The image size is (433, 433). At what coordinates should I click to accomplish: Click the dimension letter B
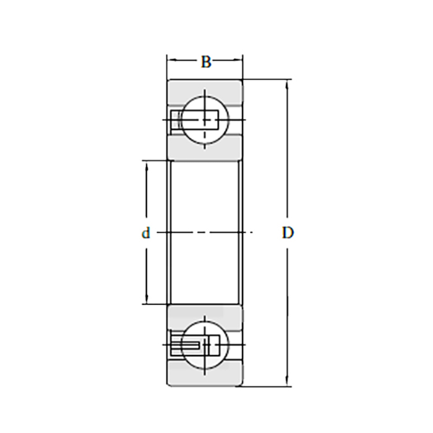pyautogui.click(x=206, y=62)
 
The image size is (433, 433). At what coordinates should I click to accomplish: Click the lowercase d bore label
pyautogui.click(x=146, y=233)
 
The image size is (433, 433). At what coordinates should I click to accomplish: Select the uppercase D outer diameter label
pyautogui.click(x=288, y=233)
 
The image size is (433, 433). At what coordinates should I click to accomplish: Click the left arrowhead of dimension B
pyautogui.click(x=171, y=59)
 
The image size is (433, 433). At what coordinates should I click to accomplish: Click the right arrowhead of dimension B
pyautogui.click(x=239, y=59)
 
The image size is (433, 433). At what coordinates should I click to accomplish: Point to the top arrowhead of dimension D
pyautogui.click(x=288, y=84)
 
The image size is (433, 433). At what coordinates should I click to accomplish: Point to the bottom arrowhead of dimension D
pyautogui.click(x=288, y=382)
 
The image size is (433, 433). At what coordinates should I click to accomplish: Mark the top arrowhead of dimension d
pyautogui.click(x=147, y=165)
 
